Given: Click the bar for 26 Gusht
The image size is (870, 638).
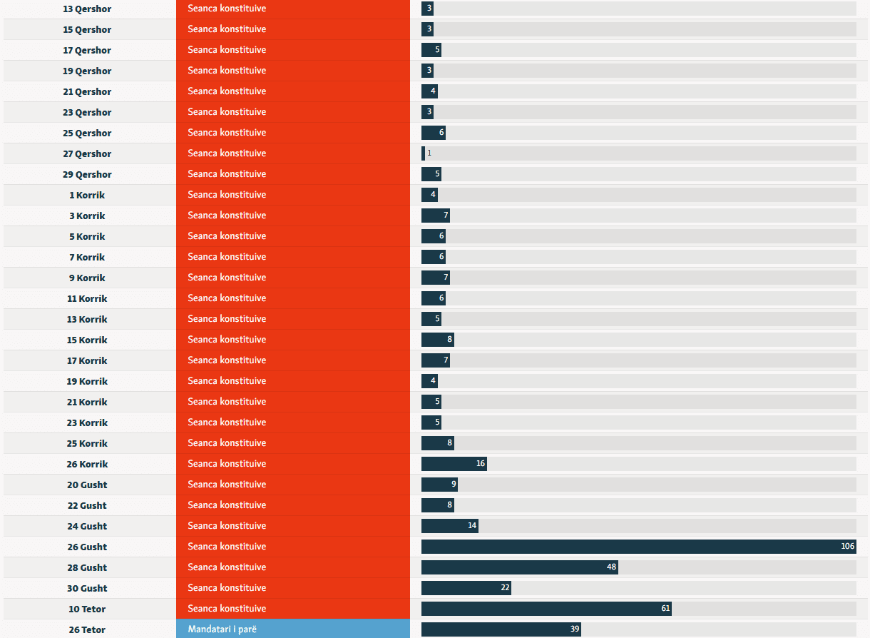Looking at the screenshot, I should [638, 547].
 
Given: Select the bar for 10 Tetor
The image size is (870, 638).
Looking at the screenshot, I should [546, 609].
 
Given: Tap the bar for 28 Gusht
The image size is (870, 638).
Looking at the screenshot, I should [519, 567].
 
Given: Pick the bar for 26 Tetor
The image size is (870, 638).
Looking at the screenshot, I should [501, 629].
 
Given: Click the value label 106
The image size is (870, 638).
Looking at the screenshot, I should [847, 547].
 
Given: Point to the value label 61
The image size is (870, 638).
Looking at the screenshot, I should [665, 609].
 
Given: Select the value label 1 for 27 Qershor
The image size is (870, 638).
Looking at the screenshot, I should [429, 153].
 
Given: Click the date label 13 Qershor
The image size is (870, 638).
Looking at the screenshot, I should [87, 9].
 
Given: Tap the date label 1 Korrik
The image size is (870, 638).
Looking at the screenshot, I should [87, 196].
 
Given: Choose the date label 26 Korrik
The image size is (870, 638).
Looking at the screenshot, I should [87, 465].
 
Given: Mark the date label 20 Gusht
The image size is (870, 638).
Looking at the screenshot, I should [87, 485].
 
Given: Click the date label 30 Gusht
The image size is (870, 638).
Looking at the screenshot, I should [87, 589].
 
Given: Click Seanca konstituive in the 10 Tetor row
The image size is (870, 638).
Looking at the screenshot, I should [227, 609].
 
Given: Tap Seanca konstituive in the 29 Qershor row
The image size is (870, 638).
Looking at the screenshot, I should [227, 174].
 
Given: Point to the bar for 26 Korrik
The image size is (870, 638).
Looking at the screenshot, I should [454, 464].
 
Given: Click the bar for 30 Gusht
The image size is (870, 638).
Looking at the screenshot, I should [466, 588].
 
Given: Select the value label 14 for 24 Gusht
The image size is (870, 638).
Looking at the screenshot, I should [472, 526].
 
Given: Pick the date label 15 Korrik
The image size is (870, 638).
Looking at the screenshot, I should [87, 340].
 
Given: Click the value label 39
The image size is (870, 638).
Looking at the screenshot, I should [575, 629].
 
